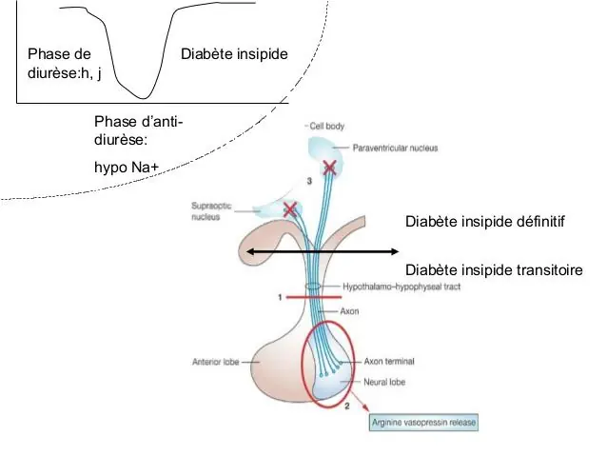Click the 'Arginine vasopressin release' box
click(x=421, y=421)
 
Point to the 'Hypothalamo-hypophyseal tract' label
click(x=400, y=287)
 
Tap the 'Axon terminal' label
click(x=387, y=362)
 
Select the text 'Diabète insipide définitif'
click(x=485, y=222)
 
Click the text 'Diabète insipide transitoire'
click(x=493, y=269)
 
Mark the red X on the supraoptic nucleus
click(x=289, y=208)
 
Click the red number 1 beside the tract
click(x=280, y=297)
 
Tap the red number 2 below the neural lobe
click(x=346, y=406)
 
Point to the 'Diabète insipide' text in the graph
click(x=233, y=53)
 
